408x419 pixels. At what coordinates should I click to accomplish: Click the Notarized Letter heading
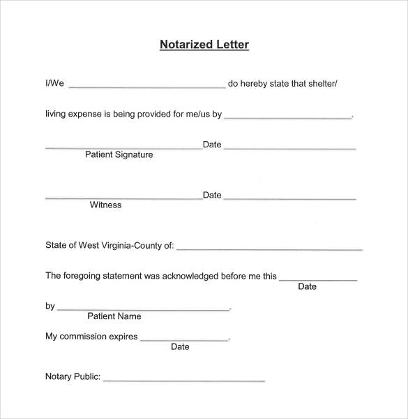click(x=204, y=45)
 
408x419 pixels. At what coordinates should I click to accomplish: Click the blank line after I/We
click(x=147, y=87)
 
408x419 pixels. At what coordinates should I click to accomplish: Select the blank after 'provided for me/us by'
click(x=288, y=117)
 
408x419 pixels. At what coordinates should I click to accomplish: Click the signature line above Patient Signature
click(x=123, y=147)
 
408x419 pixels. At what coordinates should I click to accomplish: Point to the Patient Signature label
click(x=119, y=155)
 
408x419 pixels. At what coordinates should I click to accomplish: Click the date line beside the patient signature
click(x=290, y=147)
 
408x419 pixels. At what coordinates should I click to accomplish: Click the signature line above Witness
click(x=123, y=198)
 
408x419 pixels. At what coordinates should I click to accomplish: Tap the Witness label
click(x=105, y=205)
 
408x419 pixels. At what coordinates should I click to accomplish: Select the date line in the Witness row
click(x=290, y=198)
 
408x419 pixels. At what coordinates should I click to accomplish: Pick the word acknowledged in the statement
click(x=190, y=276)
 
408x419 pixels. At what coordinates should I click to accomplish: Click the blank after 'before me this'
click(x=318, y=279)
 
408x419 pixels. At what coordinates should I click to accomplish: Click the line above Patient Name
click(x=143, y=309)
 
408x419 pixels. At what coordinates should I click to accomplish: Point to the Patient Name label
click(x=114, y=316)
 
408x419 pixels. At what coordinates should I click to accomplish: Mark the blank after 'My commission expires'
click(x=184, y=339)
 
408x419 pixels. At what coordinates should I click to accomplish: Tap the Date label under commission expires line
click(x=180, y=347)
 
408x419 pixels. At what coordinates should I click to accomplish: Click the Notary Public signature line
click(x=184, y=380)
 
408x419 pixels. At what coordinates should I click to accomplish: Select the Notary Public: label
click(x=73, y=377)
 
